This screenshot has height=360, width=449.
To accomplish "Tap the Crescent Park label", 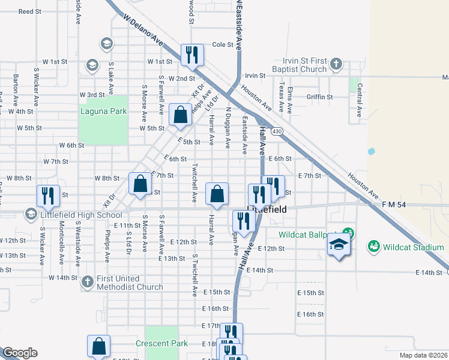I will pos(161,343).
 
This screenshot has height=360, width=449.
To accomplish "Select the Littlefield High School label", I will pos(80,215).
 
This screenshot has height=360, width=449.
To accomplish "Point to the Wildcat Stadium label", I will pos(413,247).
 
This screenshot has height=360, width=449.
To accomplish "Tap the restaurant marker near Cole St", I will pos(192,55).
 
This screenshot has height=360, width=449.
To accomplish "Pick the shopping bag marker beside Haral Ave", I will pos(217,193).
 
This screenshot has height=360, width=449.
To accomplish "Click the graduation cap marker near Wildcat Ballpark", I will pos(339,244).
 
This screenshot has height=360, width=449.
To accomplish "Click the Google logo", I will pos(20,353).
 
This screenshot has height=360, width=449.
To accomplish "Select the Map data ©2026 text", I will pos(424,355).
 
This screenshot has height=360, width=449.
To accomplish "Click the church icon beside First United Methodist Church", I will pos(88,280).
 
